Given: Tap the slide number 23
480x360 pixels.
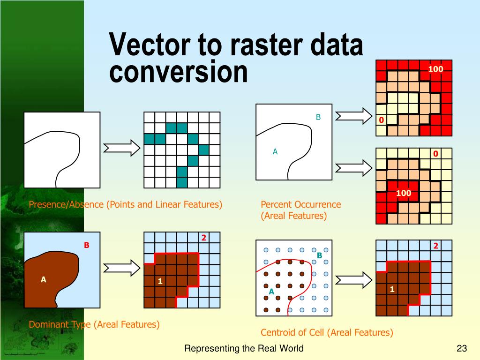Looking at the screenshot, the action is click(462, 348).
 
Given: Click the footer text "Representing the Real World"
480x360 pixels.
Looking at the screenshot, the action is click(244, 348).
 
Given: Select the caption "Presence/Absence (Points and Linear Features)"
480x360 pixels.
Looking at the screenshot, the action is click(125, 204).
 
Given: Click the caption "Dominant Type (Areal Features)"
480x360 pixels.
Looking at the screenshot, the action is click(94, 324).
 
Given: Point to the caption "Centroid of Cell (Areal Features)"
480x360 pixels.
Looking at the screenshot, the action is click(327, 332).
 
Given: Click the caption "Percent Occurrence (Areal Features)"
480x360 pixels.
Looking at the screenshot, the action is click(300, 210).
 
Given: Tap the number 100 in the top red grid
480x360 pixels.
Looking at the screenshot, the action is click(435, 69).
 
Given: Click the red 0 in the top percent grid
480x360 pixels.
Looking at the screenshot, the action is click(382, 120).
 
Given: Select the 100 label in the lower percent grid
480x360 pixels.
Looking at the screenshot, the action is click(403, 193).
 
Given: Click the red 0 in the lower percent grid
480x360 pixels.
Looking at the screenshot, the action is click(435, 154).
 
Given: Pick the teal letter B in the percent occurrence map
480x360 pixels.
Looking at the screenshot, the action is click(318, 118).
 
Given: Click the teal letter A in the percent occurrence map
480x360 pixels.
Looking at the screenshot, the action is click(275, 151).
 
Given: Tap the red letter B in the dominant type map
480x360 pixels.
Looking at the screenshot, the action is click(86, 245).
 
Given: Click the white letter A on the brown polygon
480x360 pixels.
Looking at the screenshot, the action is click(44, 279).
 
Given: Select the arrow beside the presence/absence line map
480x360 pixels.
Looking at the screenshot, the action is click(121, 148).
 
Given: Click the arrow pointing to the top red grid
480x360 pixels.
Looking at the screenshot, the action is click(354, 115).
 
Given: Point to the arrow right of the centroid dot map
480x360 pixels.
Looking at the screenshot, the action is click(354, 280).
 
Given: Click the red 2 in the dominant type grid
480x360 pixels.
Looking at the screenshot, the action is click(204, 238).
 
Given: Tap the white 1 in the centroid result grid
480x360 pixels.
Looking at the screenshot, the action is click(392, 289).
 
